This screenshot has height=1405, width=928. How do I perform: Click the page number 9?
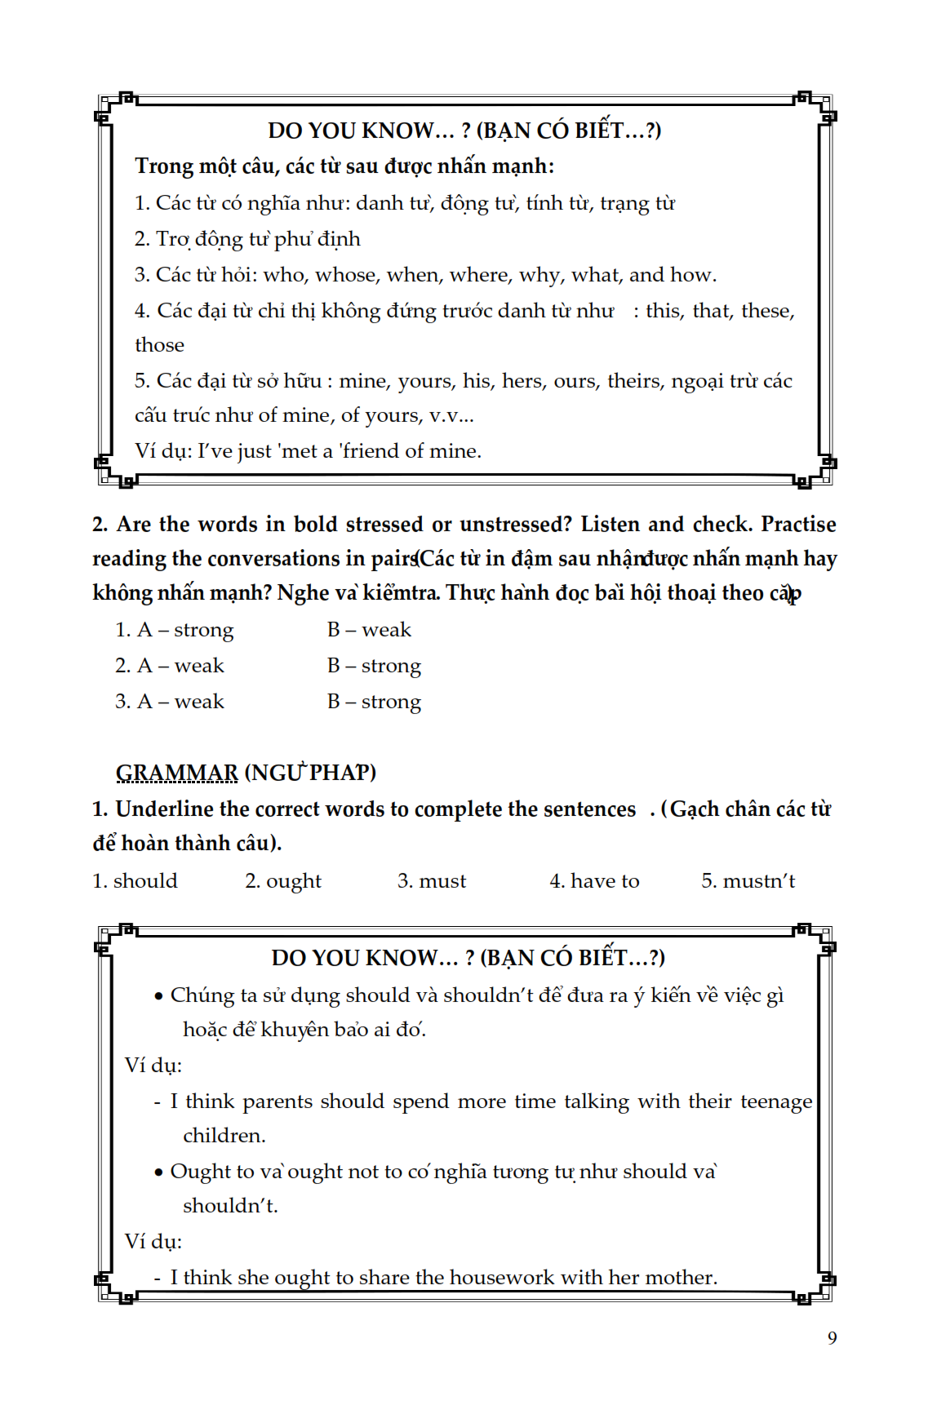point(832,1337)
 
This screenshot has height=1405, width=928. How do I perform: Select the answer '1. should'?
point(135,881)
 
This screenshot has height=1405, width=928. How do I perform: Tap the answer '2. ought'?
point(283,881)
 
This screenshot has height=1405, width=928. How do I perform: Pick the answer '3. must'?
point(432,881)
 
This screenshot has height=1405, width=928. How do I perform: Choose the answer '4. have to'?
point(594,881)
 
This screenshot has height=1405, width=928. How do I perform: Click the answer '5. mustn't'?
point(748,881)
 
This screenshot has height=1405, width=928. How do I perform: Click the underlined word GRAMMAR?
point(176,772)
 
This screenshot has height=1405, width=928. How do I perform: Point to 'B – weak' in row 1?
point(369,630)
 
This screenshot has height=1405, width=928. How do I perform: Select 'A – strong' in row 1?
point(185,630)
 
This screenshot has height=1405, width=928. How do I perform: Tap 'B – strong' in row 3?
point(374,702)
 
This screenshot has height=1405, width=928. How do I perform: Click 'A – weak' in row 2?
point(180,666)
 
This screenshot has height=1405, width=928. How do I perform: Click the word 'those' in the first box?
point(159,345)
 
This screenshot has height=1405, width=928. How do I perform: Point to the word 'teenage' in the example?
point(776,1101)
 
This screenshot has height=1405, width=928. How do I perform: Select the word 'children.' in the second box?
point(224,1136)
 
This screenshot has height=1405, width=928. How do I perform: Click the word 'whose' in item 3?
point(346,275)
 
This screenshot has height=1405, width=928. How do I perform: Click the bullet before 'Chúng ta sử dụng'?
point(159,996)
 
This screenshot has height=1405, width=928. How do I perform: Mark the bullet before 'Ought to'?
point(159,1172)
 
